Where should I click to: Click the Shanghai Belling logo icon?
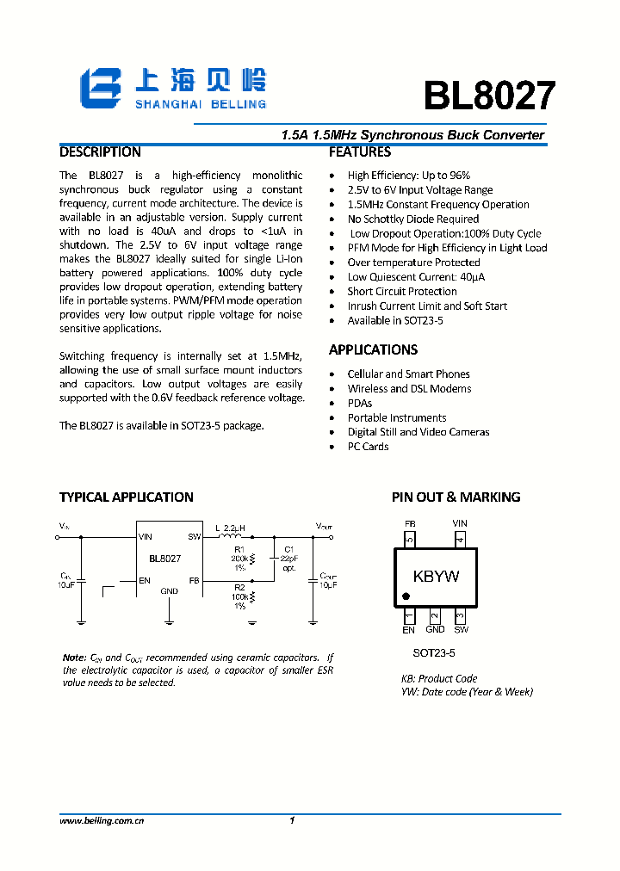point(102,87)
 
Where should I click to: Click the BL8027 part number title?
point(488,96)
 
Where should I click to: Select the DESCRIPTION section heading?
point(100,152)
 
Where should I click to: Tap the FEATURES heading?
point(360,152)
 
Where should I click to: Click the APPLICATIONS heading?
point(373,349)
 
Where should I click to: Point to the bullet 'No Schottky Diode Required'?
point(412,219)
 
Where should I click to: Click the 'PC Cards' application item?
point(368,447)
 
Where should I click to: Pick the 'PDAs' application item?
point(360,403)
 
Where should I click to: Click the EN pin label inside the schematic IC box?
point(145,581)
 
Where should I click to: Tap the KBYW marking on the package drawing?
point(436,576)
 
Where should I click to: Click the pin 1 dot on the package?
point(406,596)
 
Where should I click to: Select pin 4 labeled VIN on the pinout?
point(460,541)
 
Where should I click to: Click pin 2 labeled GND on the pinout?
point(435,616)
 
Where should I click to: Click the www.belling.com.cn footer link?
point(101,821)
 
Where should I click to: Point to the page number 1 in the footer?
point(292,821)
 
